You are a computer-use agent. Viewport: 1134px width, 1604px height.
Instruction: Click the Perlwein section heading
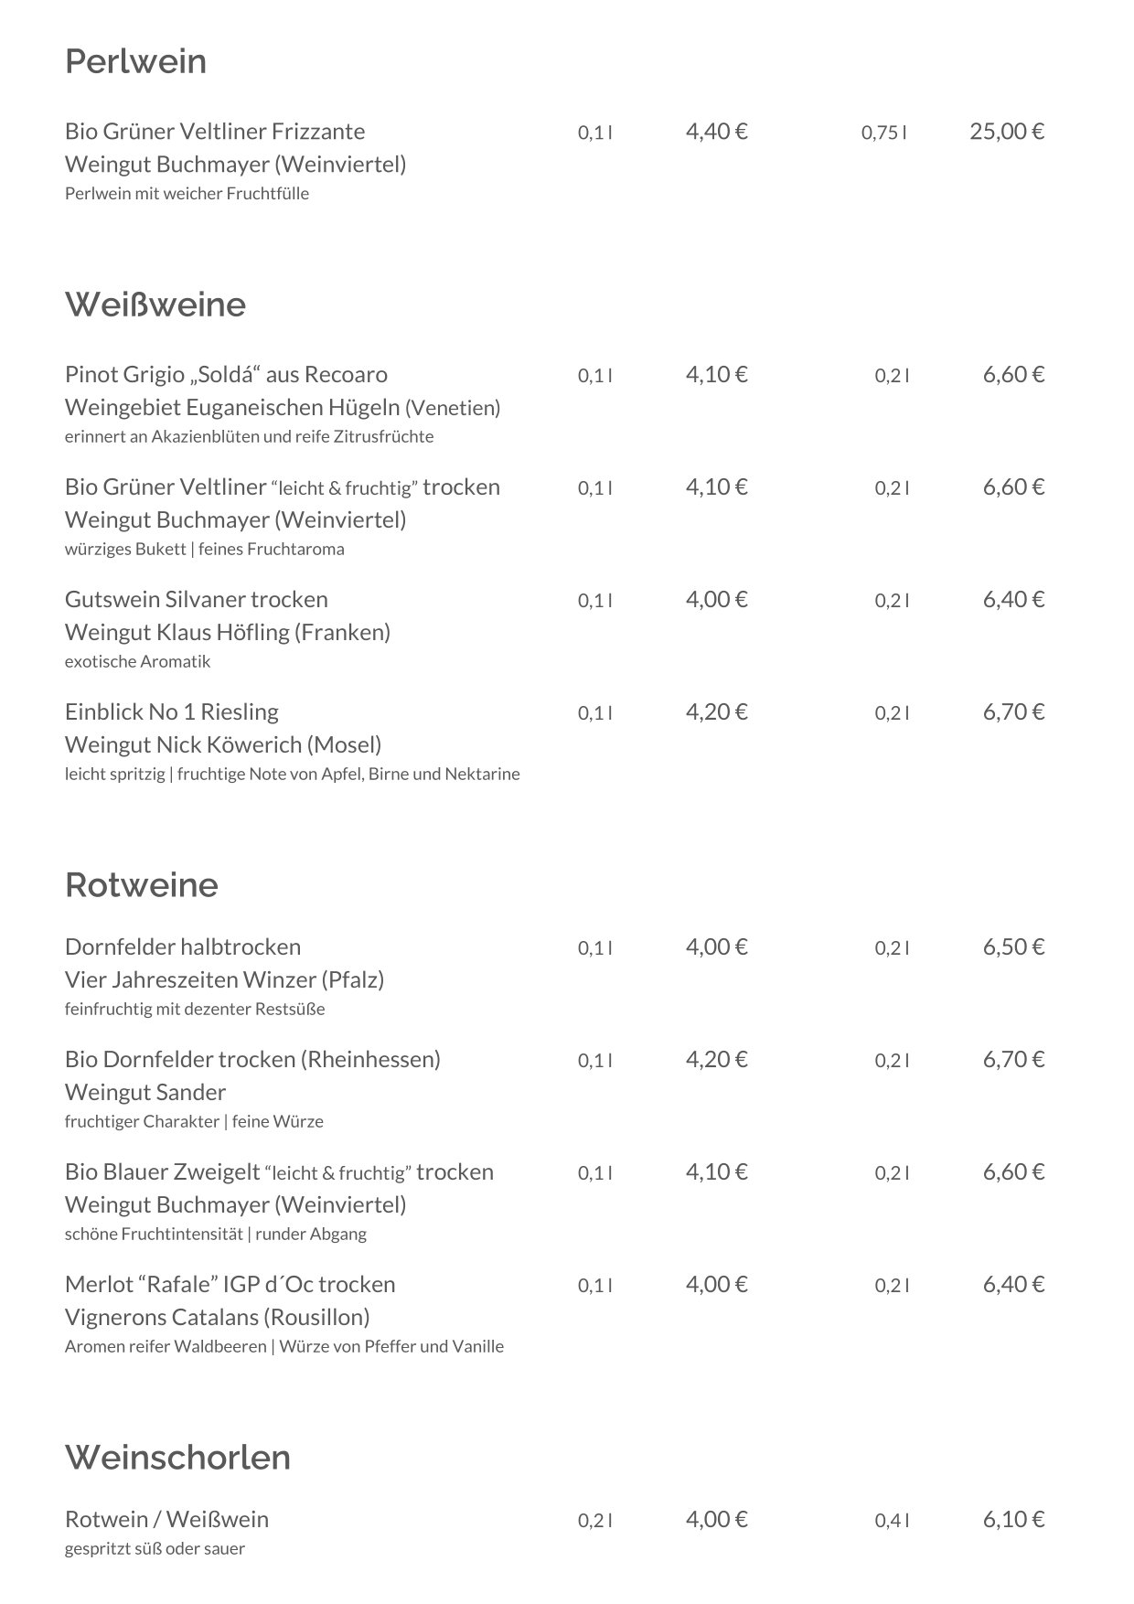click(135, 62)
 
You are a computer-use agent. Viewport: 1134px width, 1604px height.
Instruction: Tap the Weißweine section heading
click(155, 305)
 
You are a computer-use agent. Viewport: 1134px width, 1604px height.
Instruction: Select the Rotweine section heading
click(142, 885)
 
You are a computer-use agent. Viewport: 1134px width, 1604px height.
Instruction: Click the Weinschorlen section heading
click(177, 1457)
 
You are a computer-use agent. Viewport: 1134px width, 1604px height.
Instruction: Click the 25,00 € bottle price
click(1007, 132)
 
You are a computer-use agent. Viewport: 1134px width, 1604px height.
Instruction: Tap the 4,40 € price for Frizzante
click(716, 132)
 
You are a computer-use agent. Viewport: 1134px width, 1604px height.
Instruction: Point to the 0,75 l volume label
click(883, 134)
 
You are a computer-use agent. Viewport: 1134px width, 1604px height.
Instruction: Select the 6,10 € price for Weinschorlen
click(1013, 1519)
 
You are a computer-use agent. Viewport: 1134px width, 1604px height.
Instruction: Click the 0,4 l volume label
click(892, 1521)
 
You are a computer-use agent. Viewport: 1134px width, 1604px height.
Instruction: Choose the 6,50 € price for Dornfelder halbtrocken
click(1013, 946)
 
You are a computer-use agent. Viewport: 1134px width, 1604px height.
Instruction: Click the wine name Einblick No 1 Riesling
click(172, 711)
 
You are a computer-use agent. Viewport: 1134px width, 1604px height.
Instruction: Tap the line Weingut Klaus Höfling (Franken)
click(228, 632)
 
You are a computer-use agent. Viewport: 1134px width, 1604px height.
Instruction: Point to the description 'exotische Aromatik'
click(137, 661)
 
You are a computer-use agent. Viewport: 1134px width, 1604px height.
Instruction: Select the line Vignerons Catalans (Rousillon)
click(218, 1317)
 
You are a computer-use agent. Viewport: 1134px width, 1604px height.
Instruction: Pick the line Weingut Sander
click(145, 1092)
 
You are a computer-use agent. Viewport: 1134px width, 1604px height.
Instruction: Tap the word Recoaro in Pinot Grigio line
click(346, 374)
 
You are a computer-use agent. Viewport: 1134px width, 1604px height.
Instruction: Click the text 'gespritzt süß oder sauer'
click(155, 1548)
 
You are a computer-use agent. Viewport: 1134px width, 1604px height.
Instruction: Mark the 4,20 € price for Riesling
click(716, 711)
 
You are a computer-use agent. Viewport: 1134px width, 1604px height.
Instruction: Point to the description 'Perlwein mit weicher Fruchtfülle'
click(187, 193)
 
